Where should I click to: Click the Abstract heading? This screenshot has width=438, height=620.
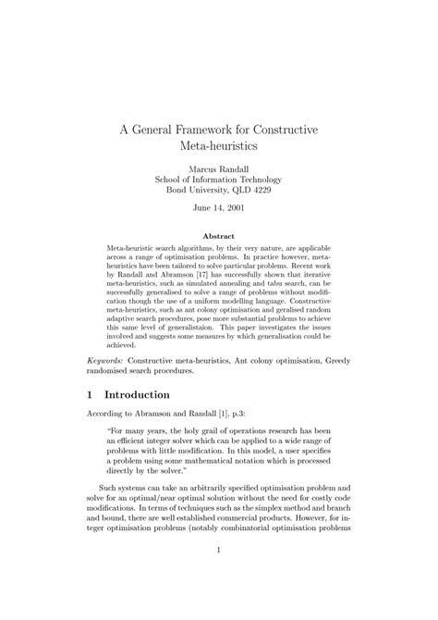point(219,235)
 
